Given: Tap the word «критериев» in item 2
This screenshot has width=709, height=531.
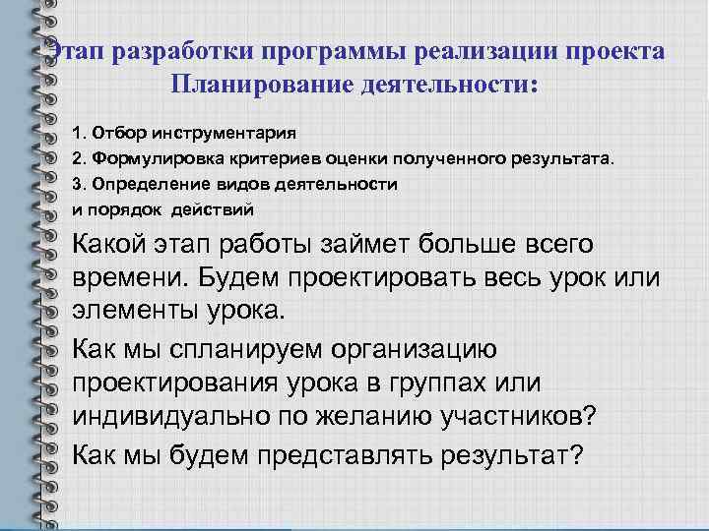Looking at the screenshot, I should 275,158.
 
